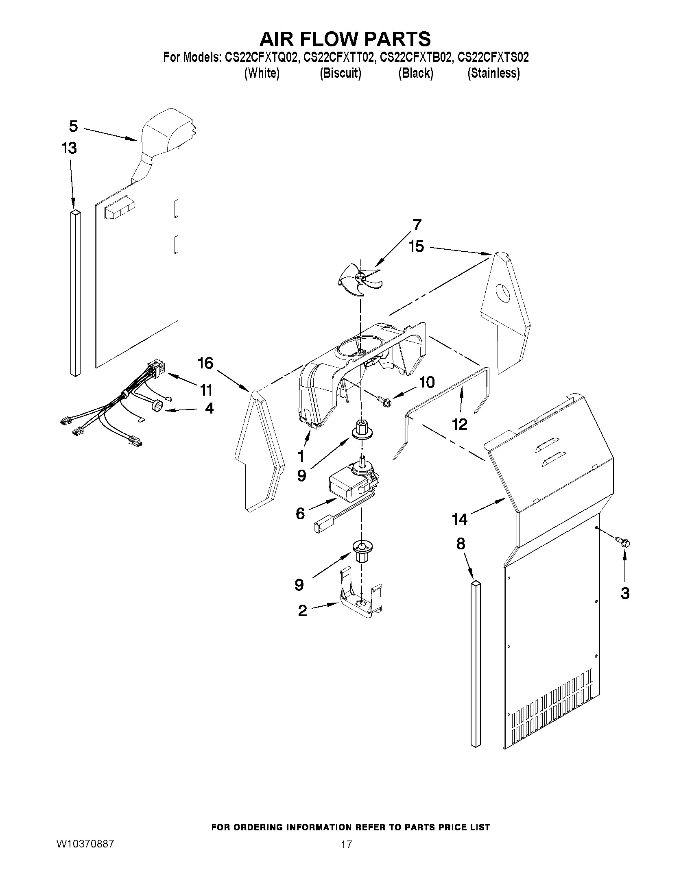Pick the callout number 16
[x=205, y=363]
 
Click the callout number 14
[x=459, y=519]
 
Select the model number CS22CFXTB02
[x=417, y=57]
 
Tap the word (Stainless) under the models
[x=493, y=73]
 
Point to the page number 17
[x=347, y=844]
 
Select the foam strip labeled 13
[x=75, y=293]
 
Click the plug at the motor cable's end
[x=319, y=527]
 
